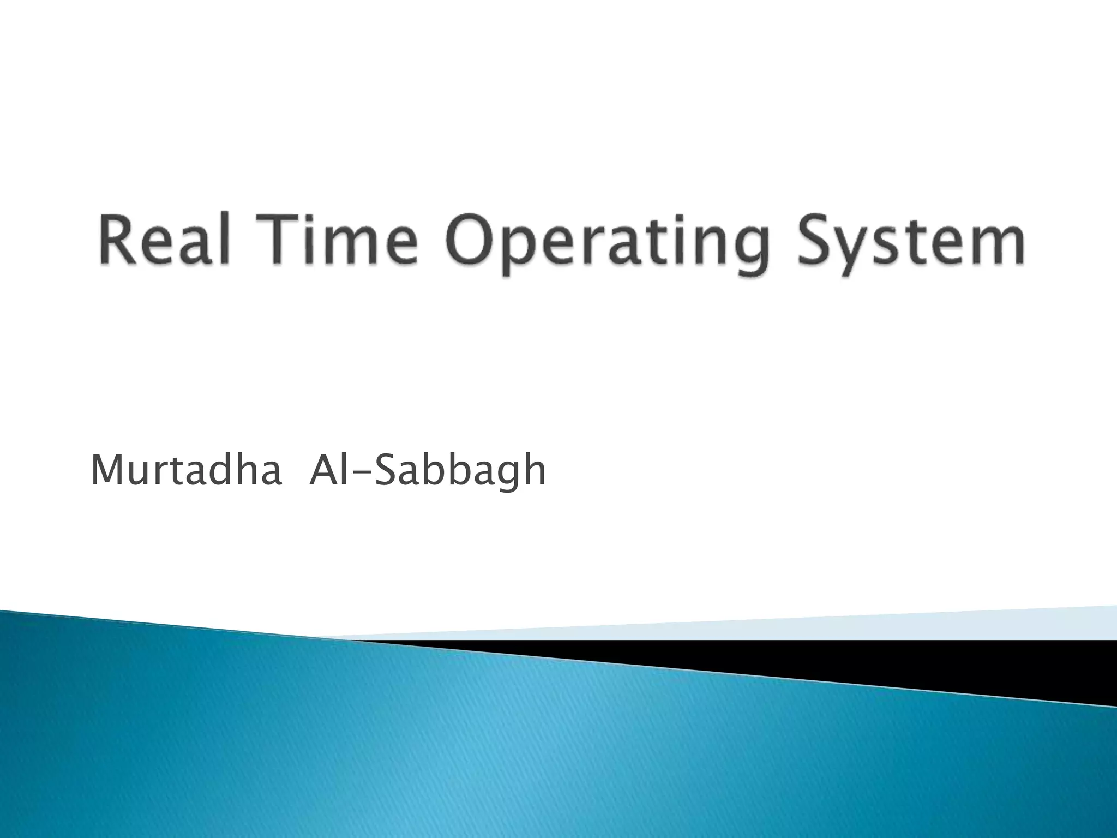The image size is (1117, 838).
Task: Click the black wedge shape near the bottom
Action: coord(982,660)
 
